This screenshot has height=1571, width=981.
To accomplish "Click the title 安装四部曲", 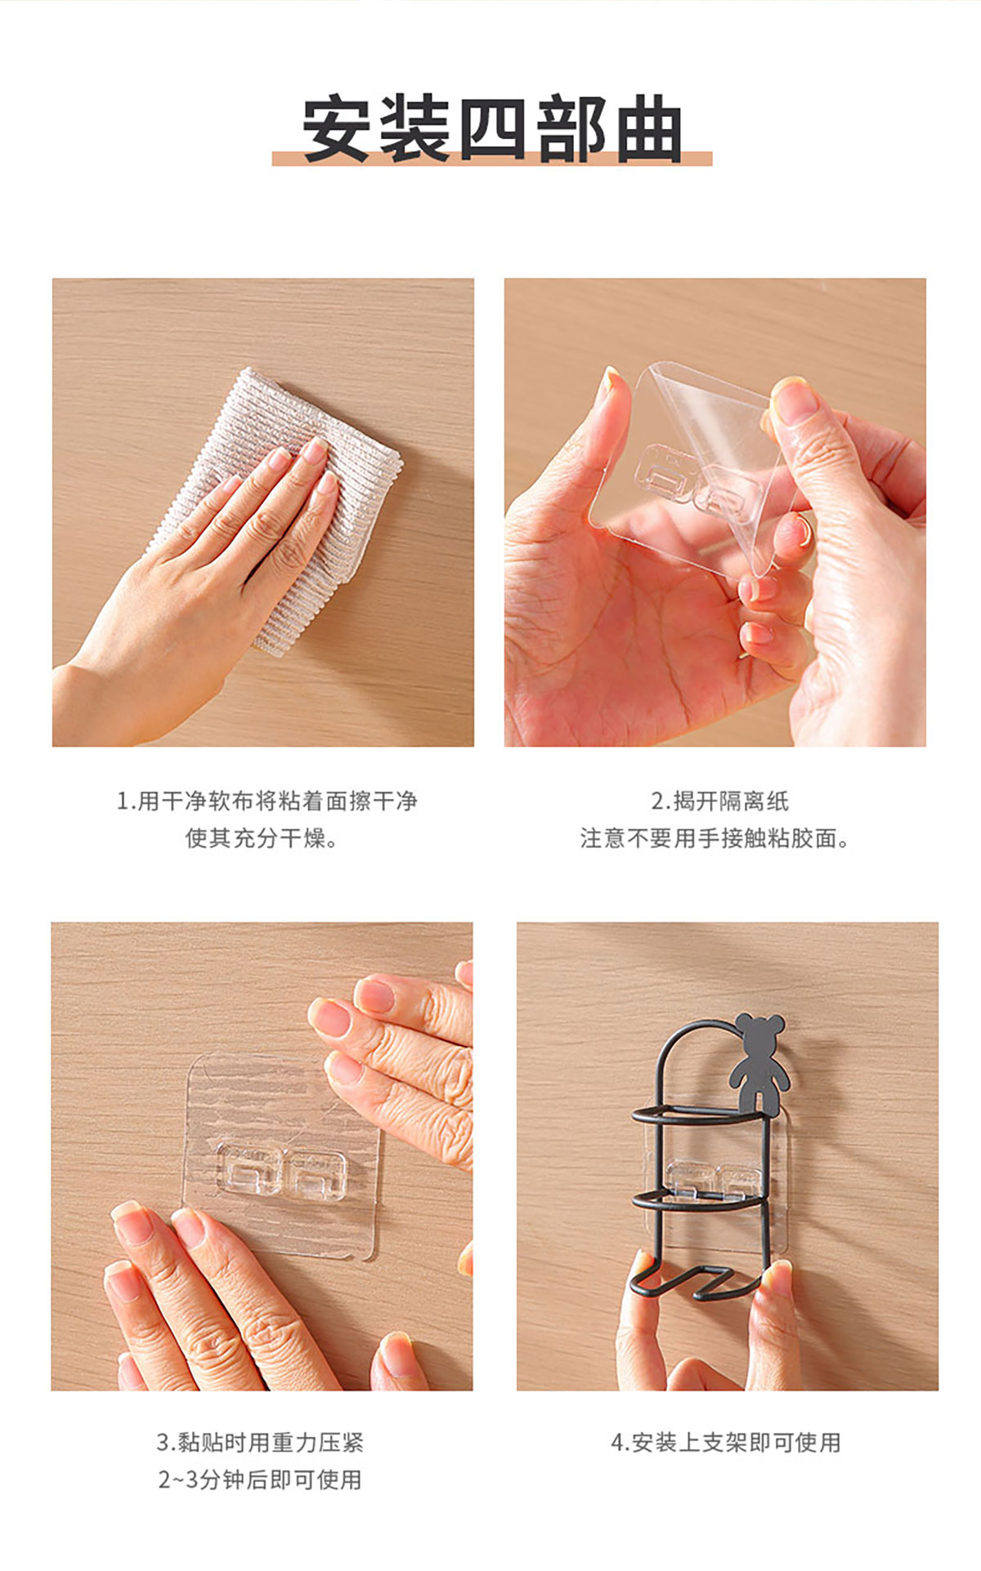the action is [492, 129].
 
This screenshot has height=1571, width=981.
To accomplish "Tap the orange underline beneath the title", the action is [492, 159].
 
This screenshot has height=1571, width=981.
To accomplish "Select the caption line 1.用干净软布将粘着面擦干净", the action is [267, 801].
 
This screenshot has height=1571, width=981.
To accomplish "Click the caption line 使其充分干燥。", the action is [262, 838].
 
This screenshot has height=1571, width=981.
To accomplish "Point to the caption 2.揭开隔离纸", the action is [720, 801].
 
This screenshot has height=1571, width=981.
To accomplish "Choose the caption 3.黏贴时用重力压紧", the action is [260, 1443].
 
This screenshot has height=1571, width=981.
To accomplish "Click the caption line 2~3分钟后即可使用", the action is [260, 1480].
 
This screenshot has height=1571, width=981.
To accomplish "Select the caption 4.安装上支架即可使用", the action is [726, 1443].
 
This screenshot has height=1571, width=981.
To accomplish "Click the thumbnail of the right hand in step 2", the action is [795, 401].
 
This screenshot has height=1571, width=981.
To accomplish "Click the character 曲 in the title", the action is [649, 129].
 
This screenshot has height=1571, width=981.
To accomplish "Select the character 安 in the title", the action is [336, 129].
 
